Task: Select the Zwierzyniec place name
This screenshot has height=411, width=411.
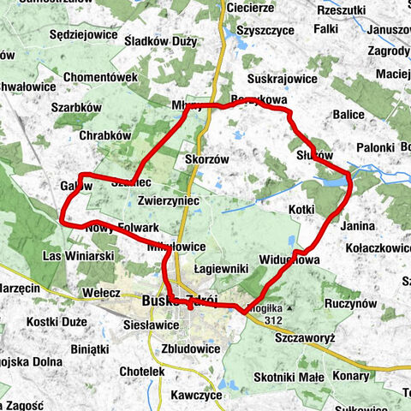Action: (x=168, y=200)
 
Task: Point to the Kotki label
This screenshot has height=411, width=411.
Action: (x=303, y=209)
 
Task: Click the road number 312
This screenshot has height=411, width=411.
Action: (x=273, y=320)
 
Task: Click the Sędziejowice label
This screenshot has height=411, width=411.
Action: (x=60, y=36)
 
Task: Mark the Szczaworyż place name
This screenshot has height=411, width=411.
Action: (x=304, y=337)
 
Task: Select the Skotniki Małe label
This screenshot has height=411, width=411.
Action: (x=289, y=377)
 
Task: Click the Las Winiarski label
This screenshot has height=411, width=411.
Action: (x=78, y=255)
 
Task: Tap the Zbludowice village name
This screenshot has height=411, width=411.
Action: (x=191, y=348)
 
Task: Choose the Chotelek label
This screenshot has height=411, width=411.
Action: (x=142, y=372)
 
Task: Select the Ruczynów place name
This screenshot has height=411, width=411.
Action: (x=351, y=303)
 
